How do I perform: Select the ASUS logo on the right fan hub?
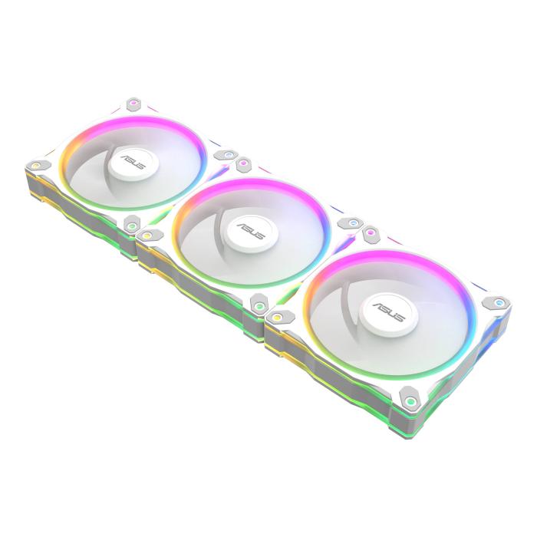point(386,307)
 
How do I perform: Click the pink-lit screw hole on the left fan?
point(132,103)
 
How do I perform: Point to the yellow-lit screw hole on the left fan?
point(35,164)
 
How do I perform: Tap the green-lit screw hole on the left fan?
point(133,226)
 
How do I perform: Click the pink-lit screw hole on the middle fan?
point(243,163)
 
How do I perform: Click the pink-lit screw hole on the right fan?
point(372,231)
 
